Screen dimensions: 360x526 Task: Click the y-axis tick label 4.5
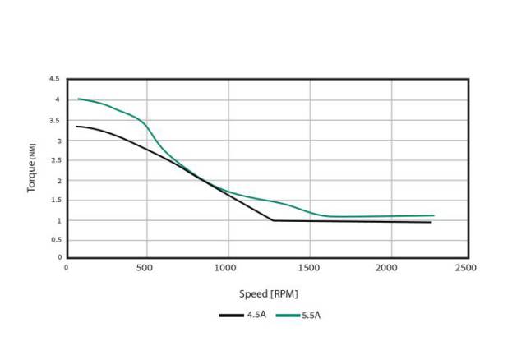(x=54, y=79)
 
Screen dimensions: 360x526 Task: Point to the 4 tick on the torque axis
(x=57, y=99)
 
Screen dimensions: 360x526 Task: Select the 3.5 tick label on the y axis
(x=54, y=120)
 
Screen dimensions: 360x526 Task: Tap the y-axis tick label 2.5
(x=54, y=160)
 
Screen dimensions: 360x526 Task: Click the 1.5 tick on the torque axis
(x=54, y=201)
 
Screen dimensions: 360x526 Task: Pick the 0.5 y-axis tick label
(x=54, y=240)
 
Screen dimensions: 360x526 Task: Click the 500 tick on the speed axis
(x=147, y=268)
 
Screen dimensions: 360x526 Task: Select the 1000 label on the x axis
(x=227, y=268)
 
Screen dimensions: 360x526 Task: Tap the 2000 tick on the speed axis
(x=388, y=268)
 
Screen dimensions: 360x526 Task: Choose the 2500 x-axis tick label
(x=468, y=268)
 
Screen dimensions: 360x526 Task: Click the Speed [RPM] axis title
(x=269, y=292)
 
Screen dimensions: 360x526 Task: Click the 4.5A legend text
(x=256, y=315)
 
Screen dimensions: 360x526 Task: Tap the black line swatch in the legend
(x=232, y=315)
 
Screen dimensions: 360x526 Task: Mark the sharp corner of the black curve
(x=273, y=220)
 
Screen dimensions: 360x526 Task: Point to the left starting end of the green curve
(x=78, y=99)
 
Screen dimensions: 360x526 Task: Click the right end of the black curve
(x=431, y=222)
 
